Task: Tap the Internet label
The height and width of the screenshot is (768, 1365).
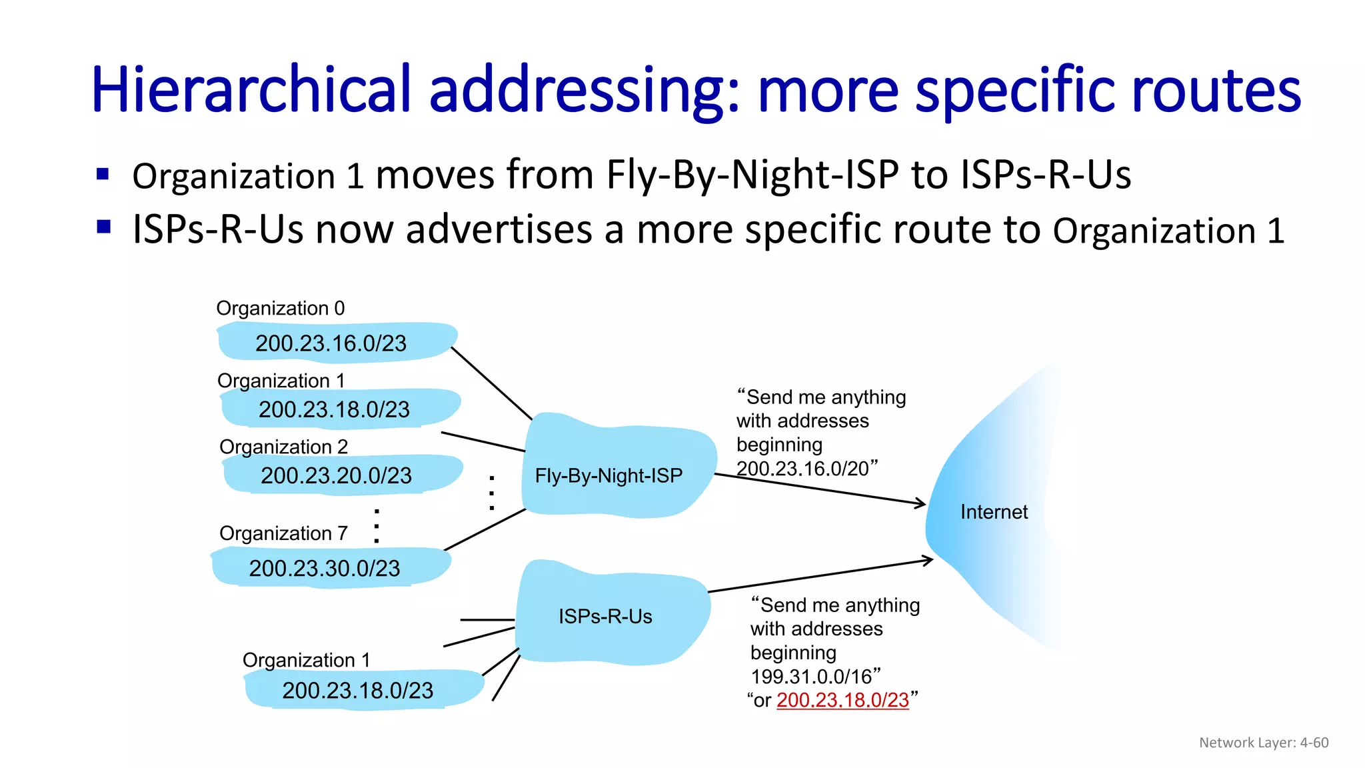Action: (994, 512)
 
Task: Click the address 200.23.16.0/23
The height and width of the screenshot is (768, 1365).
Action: (331, 343)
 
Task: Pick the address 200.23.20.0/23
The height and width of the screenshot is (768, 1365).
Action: (336, 475)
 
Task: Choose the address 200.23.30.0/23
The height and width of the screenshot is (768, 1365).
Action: (325, 568)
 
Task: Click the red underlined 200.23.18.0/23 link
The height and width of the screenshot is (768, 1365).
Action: (842, 700)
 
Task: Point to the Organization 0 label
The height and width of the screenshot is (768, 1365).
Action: (281, 308)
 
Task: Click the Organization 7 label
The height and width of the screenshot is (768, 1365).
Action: (283, 533)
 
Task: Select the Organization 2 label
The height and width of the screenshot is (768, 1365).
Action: (283, 447)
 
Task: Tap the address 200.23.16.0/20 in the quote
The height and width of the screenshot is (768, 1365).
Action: (802, 469)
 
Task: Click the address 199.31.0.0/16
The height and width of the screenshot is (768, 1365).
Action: (811, 677)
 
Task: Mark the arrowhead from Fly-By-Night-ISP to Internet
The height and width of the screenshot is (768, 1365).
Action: (922, 503)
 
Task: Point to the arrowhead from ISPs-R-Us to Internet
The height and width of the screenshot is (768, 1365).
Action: (928, 561)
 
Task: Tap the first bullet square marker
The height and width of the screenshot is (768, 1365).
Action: (103, 175)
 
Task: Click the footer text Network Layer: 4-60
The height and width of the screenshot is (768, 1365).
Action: (1264, 743)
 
